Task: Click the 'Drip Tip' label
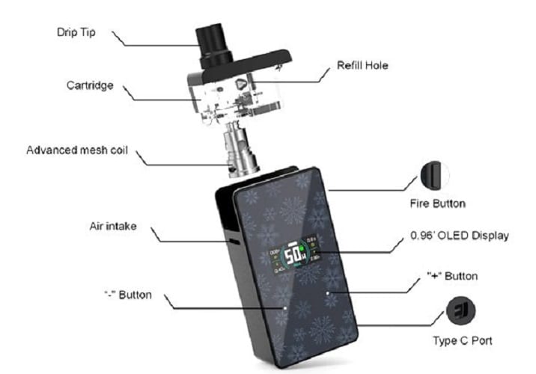78,33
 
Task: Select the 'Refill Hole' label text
362,66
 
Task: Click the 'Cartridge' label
87,85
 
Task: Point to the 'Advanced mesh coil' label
78,150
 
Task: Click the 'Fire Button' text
438,203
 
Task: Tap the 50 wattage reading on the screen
293,251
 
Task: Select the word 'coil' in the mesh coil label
118,150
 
